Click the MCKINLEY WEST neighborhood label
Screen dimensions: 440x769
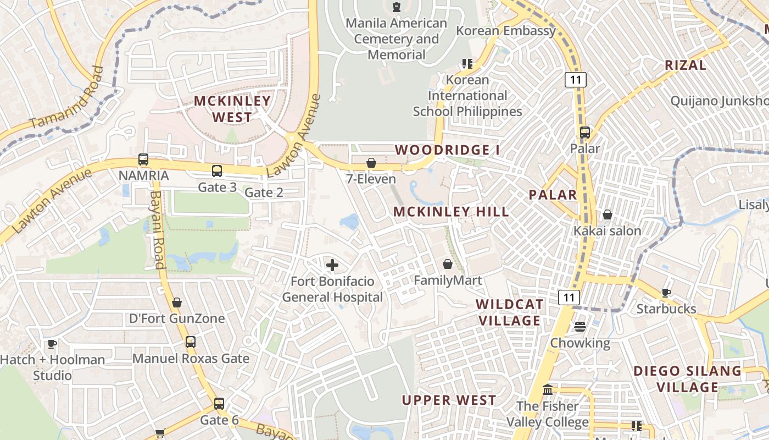(x=232, y=109)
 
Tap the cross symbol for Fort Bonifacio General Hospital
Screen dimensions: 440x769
(x=332, y=266)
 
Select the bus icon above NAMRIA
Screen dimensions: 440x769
(x=143, y=159)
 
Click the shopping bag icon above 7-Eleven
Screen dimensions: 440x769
(x=371, y=163)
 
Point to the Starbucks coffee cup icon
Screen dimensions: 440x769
(x=666, y=293)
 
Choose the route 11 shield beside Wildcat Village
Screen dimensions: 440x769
(x=569, y=298)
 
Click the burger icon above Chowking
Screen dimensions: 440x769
(x=580, y=327)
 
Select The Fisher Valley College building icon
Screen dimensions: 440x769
(x=547, y=390)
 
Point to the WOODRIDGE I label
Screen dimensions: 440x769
(x=443, y=150)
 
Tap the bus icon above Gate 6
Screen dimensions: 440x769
(x=219, y=404)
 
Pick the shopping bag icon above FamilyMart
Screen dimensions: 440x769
(x=448, y=265)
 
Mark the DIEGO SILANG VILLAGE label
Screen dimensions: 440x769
(x=687, y=379)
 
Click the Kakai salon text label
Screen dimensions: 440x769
(x=608, y=230)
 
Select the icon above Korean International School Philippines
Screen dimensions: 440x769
(x=467, y=63)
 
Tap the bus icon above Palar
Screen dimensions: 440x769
(x=585, y=133)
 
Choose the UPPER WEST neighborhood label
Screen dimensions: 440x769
(x=449, y=400)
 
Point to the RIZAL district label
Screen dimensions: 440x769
(x=686, y=65)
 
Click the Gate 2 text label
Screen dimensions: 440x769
(x=264, y=193)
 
